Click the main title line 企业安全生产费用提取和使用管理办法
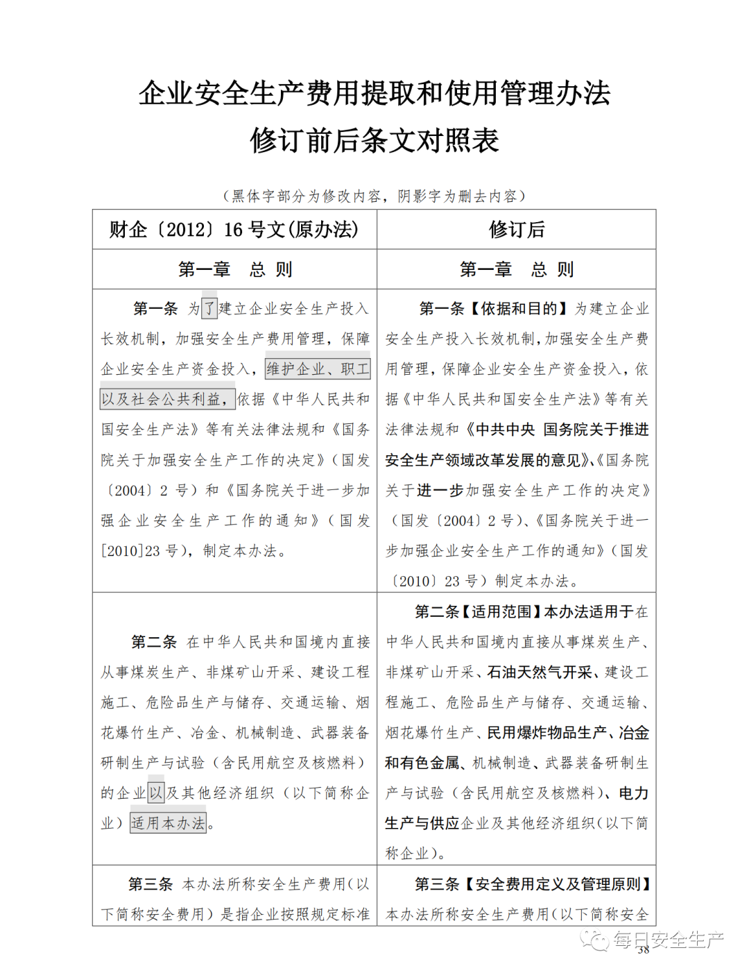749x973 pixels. coord(374,93)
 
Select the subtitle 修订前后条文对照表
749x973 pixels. coord(374,140)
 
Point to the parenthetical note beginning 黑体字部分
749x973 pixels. coord(374,196)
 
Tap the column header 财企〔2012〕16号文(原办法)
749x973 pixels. coord(234,230)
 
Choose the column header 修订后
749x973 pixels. coord(517,230)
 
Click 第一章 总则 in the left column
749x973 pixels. coord(234,269)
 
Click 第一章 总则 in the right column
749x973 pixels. coord(517,269)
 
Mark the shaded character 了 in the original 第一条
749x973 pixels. coord(209,309)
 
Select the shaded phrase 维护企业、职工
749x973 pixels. coord(318,369)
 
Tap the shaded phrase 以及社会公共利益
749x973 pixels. coord(166,399)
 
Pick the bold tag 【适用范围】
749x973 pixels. coord(502,612)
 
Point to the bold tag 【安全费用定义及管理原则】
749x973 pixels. coord(558,884)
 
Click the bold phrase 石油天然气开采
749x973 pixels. coord(540,672)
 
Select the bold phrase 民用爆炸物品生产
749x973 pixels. coord(547,733)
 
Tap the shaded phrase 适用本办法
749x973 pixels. coord(169,824)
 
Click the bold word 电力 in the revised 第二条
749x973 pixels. coord(634,793)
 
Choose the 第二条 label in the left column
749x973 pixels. coord(154,643)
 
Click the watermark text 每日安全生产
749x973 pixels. coord(667,940)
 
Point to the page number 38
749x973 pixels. coord(643,950)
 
